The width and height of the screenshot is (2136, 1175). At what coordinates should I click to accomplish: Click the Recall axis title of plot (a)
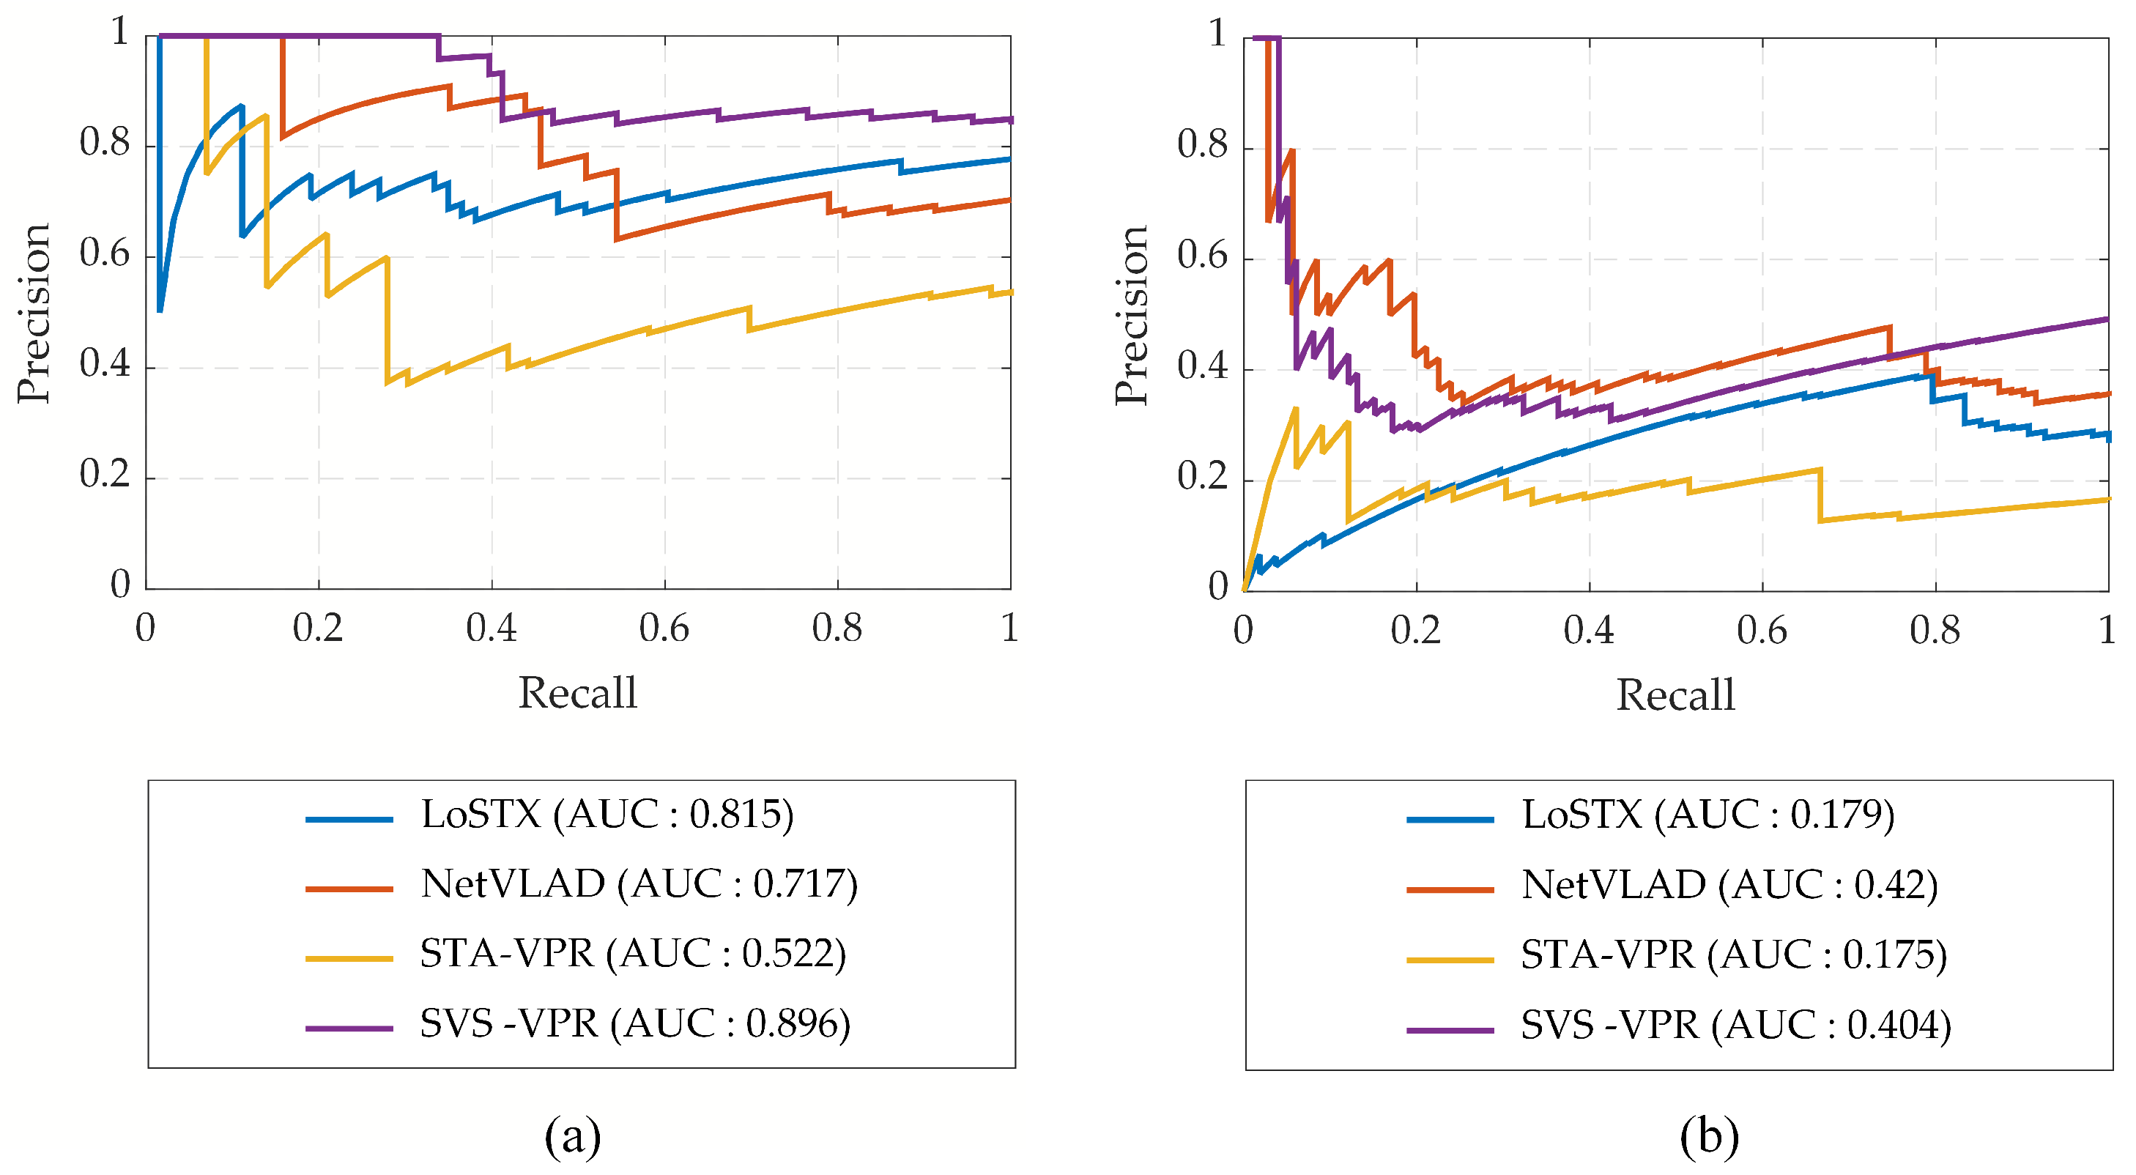(x=578, y=693)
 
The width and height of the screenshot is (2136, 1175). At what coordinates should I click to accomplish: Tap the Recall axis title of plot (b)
(x=1675, y=695)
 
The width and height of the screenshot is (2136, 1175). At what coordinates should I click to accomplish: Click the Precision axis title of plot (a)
(x=33, y=314)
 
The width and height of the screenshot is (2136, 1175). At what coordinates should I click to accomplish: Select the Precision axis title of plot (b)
(x=1131, y=315)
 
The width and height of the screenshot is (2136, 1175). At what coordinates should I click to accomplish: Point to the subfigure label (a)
(x=572, y=1136)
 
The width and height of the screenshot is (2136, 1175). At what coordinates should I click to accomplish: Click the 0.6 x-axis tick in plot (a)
(x=664, y=629)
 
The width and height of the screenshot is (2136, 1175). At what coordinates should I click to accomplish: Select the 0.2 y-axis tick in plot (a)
(x=105, y=474)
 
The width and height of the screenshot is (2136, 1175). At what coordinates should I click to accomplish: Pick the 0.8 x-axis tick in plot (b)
(x=1935, y=631)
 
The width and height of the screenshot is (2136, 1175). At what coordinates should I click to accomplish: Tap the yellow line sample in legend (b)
(x=1450, y=960)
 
